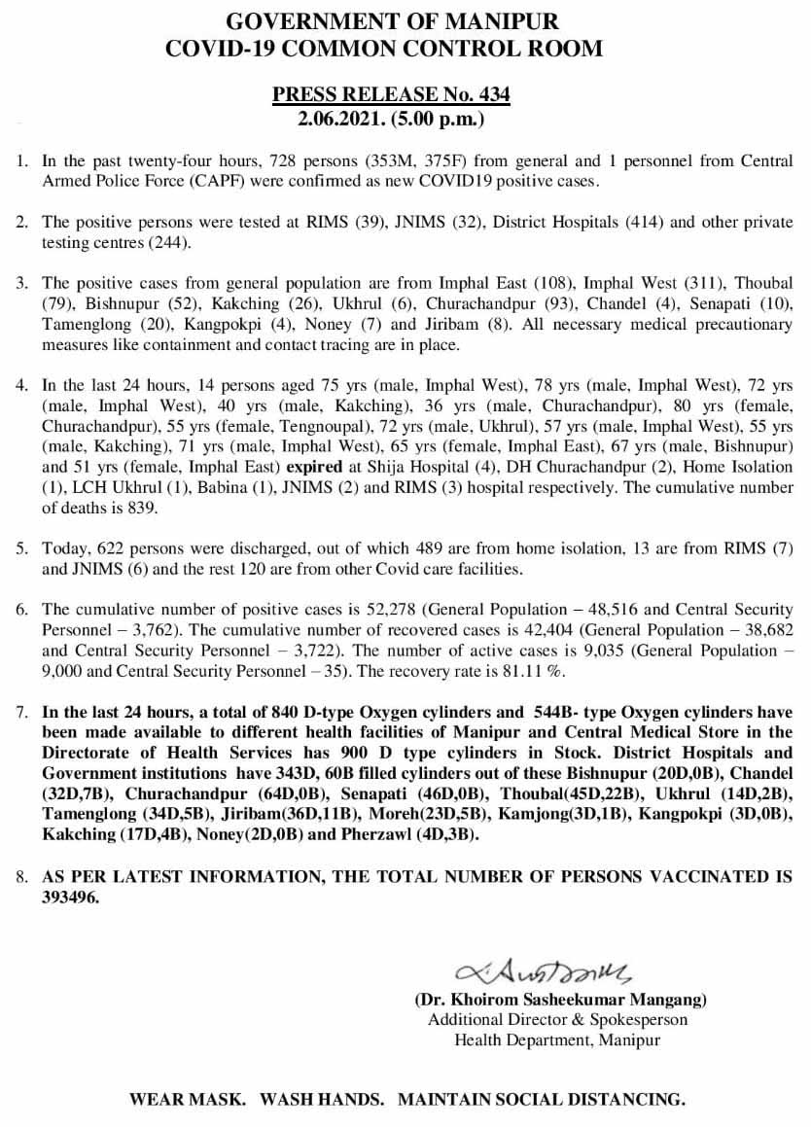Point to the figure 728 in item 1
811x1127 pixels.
point(278,160)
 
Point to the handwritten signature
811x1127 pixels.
point(543,971)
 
